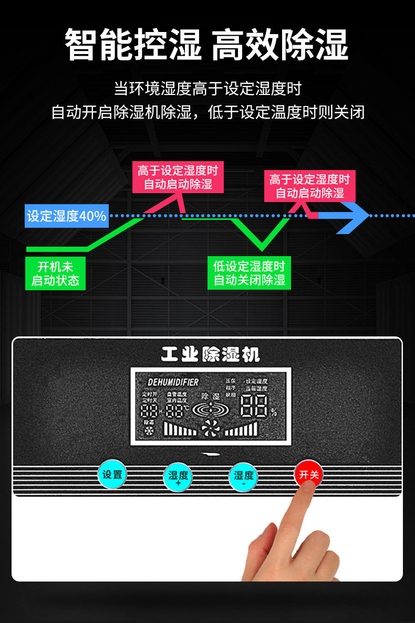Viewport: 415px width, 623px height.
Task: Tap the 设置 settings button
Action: tap(112, 474)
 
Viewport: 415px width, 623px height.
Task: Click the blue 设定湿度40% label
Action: tap(67, 216)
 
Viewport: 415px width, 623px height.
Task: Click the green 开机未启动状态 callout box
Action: tap(55, 273)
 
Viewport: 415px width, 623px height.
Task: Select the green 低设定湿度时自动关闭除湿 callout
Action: tap(250, 273)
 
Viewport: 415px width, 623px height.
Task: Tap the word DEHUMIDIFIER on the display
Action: tap(173, 382)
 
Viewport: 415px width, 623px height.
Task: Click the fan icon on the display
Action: tap(210, 430)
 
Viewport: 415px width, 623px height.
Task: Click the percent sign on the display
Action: tap(273, 413)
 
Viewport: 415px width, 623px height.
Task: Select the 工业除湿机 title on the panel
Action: tap(210, 355)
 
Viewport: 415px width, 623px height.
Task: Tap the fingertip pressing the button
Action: tap(307, 491)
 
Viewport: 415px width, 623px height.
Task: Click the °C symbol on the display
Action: tap(186, 408)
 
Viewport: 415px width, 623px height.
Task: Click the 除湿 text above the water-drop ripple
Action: tap(211, 396)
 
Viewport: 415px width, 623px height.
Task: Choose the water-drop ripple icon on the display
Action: tap(211, 410)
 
